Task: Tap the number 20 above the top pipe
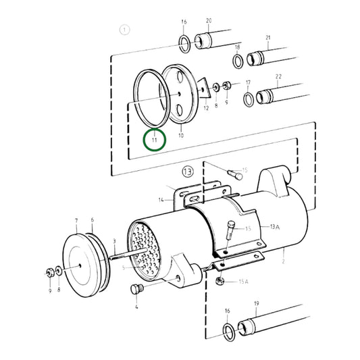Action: tap(208, 20)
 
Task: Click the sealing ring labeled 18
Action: tap(238, 62)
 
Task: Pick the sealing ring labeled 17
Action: tap(248, 99)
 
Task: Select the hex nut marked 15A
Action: tap(220, 280)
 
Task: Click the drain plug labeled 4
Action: tap(136, 290)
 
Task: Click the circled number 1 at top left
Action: tap(124, 29)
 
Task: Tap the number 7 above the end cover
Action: tap(76, 221)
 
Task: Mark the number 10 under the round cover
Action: tap(180, 135)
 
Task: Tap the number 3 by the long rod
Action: tap(115, 241)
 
